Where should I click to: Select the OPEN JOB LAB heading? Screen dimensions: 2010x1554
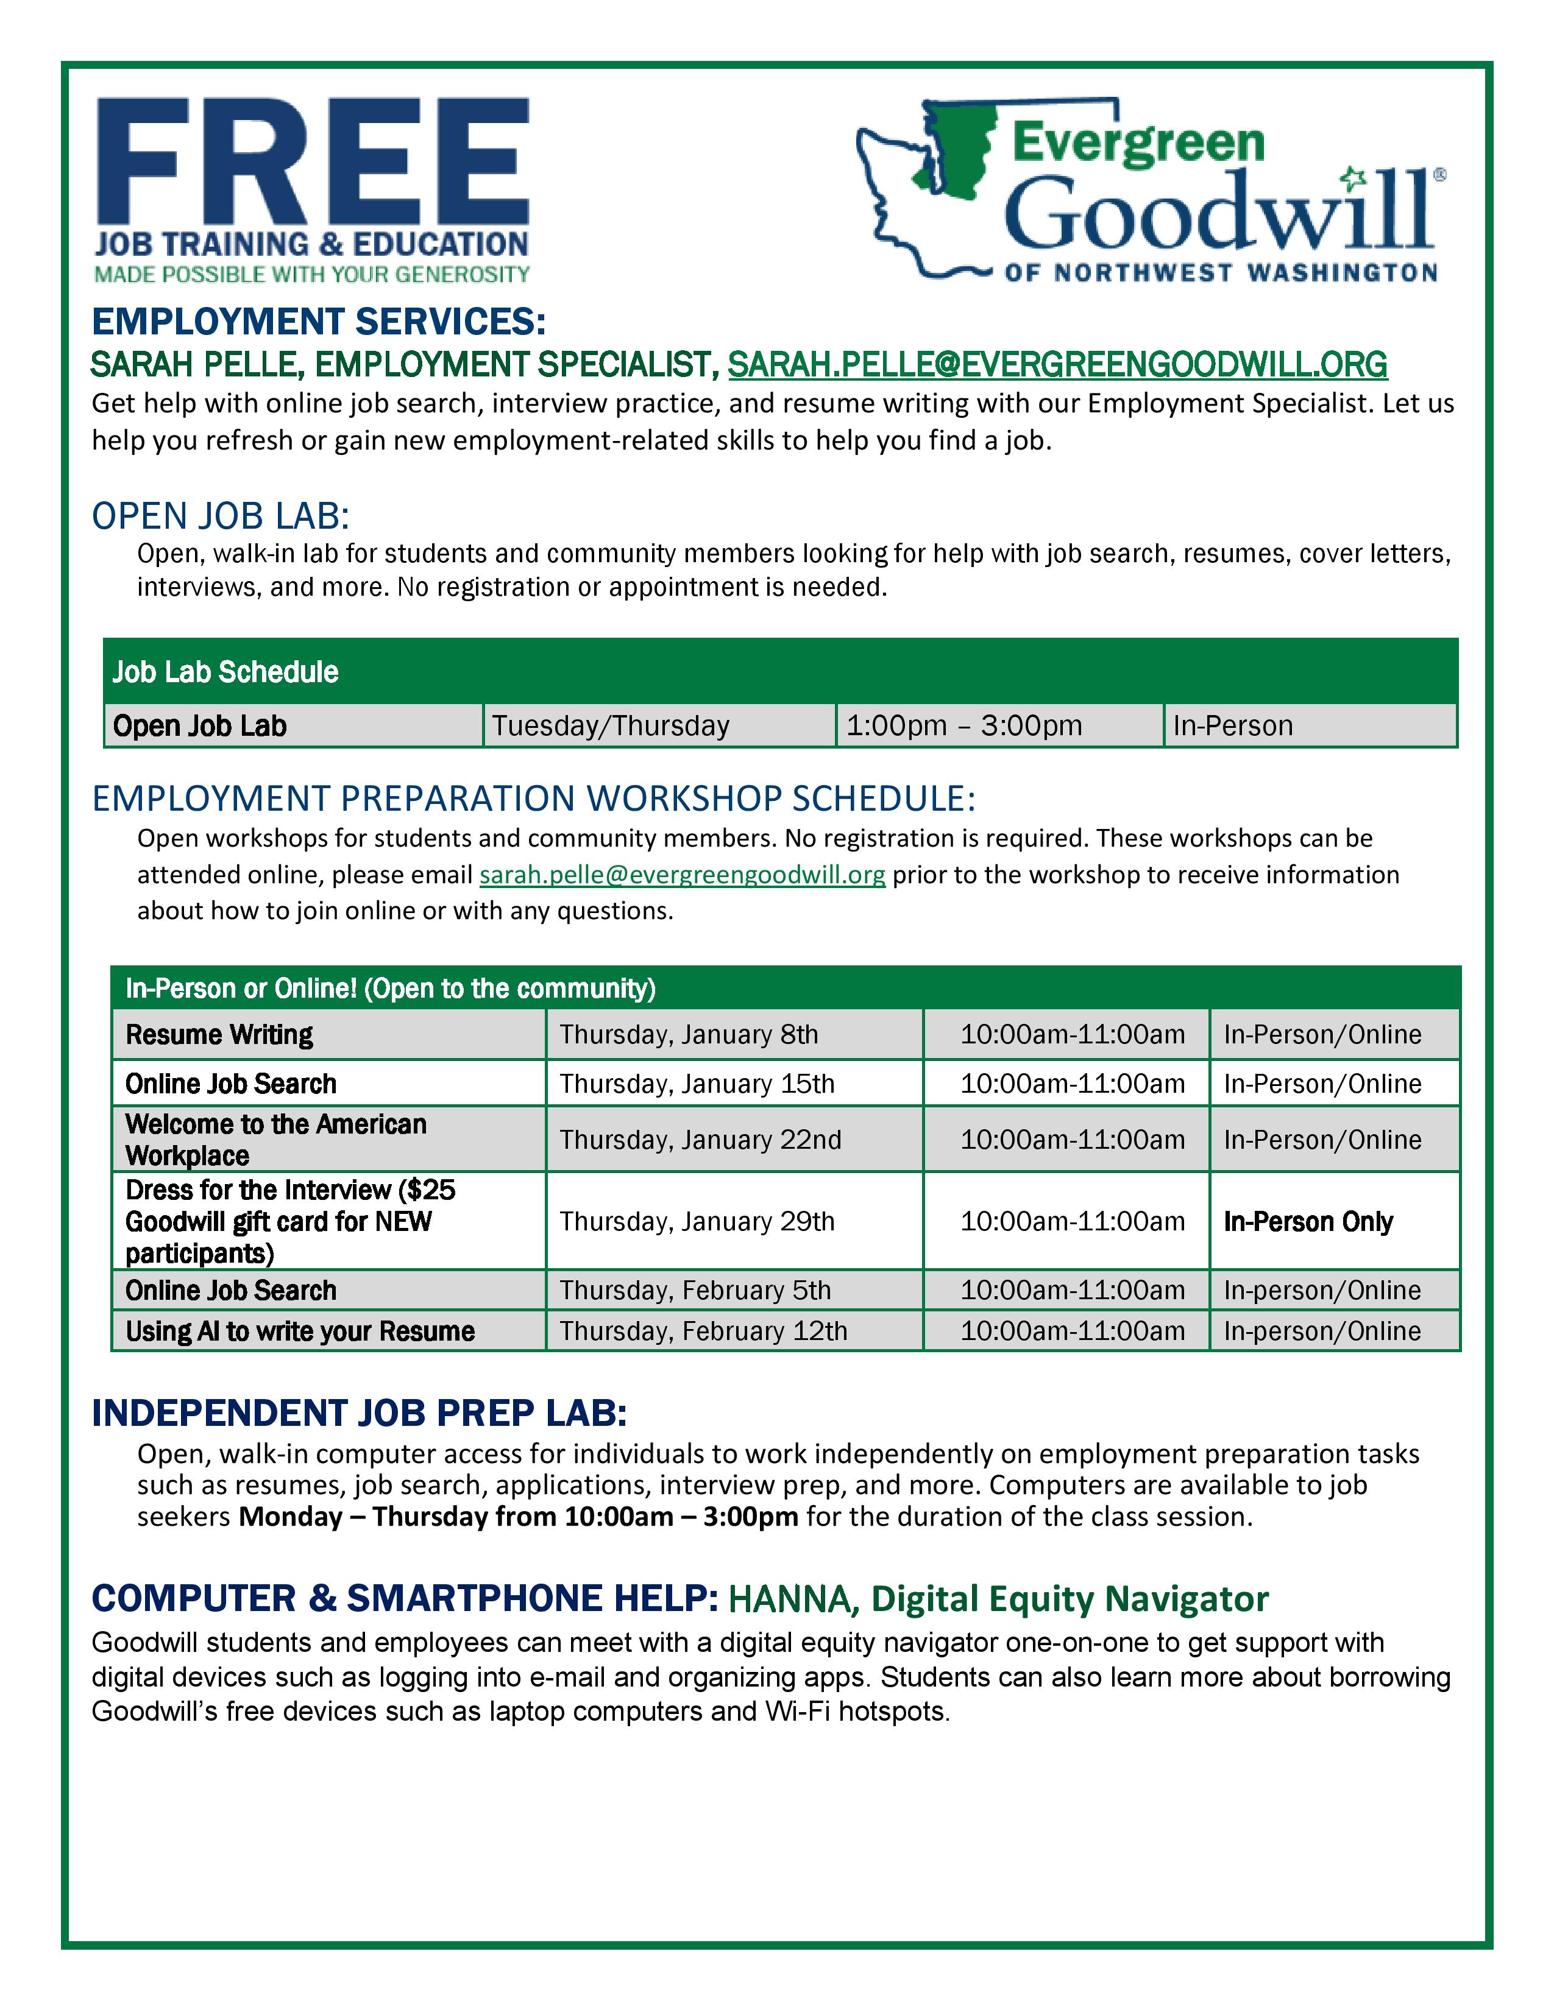click(221, 517)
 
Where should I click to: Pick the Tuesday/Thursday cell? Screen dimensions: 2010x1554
click(611, 726)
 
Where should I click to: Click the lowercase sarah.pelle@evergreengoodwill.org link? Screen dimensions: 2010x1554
click(682, 874)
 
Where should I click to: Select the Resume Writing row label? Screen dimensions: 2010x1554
click(219, 1034)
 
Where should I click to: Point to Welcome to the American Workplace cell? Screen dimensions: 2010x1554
click(276, 1140)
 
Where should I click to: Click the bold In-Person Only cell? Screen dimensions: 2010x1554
click(1308, 1221)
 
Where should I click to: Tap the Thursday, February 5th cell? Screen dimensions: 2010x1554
click(695, 1290)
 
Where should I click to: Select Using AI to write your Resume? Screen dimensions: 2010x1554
click(300, 1331)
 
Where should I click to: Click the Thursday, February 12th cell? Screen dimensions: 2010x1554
click(703, 1331)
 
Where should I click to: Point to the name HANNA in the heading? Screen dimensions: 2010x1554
click(793, 1599)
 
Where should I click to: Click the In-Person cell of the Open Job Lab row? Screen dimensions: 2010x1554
click(1233, 726)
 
